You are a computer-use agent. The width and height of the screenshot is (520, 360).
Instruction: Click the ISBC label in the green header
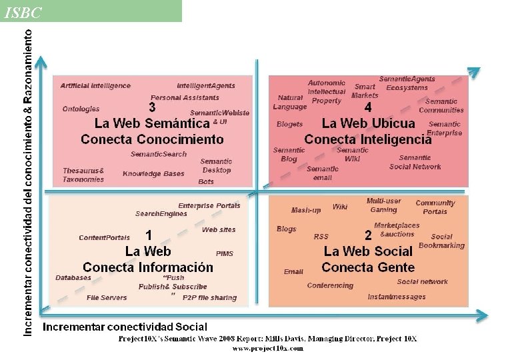point(22,13)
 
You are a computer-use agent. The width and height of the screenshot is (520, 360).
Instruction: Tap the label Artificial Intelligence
point(95,86)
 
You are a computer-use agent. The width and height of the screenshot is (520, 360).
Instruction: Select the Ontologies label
point(81,109)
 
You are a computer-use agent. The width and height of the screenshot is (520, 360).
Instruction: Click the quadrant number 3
point(153,107)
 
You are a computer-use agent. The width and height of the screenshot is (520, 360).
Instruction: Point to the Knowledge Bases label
point(153,174)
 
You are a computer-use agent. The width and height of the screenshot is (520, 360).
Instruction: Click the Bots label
point(206,181)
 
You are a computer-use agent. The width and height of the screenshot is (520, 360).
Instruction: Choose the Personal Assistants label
point(175,98)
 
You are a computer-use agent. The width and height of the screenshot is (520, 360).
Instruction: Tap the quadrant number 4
point(368,107)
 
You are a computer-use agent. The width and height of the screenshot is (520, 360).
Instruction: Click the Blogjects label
point(289,124)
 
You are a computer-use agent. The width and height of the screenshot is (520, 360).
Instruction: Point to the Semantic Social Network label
point(415,163)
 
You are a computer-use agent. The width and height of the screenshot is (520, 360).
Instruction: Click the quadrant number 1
point(149,235)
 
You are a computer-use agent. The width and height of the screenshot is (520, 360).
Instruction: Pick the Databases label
point(73,278)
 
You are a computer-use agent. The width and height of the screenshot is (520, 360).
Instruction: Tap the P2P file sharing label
point(209,298)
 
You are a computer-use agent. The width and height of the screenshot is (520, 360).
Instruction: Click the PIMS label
point(225,254)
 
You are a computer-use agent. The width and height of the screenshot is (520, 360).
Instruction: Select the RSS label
point(321,237)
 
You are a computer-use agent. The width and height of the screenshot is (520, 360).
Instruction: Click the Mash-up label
point(306,210)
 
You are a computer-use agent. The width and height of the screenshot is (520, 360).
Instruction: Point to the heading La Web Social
point(368,251)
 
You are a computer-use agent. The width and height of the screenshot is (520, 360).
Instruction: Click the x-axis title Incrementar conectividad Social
point(125,327)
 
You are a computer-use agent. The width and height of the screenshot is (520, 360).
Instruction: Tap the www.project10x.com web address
point(267,348)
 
